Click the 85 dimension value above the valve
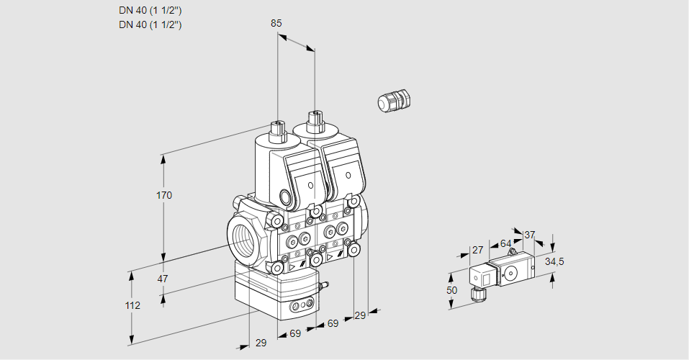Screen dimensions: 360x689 [276, 23]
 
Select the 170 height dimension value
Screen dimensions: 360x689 [164, 195]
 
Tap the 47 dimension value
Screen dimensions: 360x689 [163, 279]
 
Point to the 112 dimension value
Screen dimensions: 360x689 [132, 305]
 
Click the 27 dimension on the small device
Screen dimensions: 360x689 [477, 250]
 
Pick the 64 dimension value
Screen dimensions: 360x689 [505, 243]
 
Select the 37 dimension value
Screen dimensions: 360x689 [530, 235]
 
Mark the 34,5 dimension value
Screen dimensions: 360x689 [554, 261]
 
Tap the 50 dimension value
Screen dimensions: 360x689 [452, 290]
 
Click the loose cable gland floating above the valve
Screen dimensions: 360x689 [393, 100]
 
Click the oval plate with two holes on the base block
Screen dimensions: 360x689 [302, 307]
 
